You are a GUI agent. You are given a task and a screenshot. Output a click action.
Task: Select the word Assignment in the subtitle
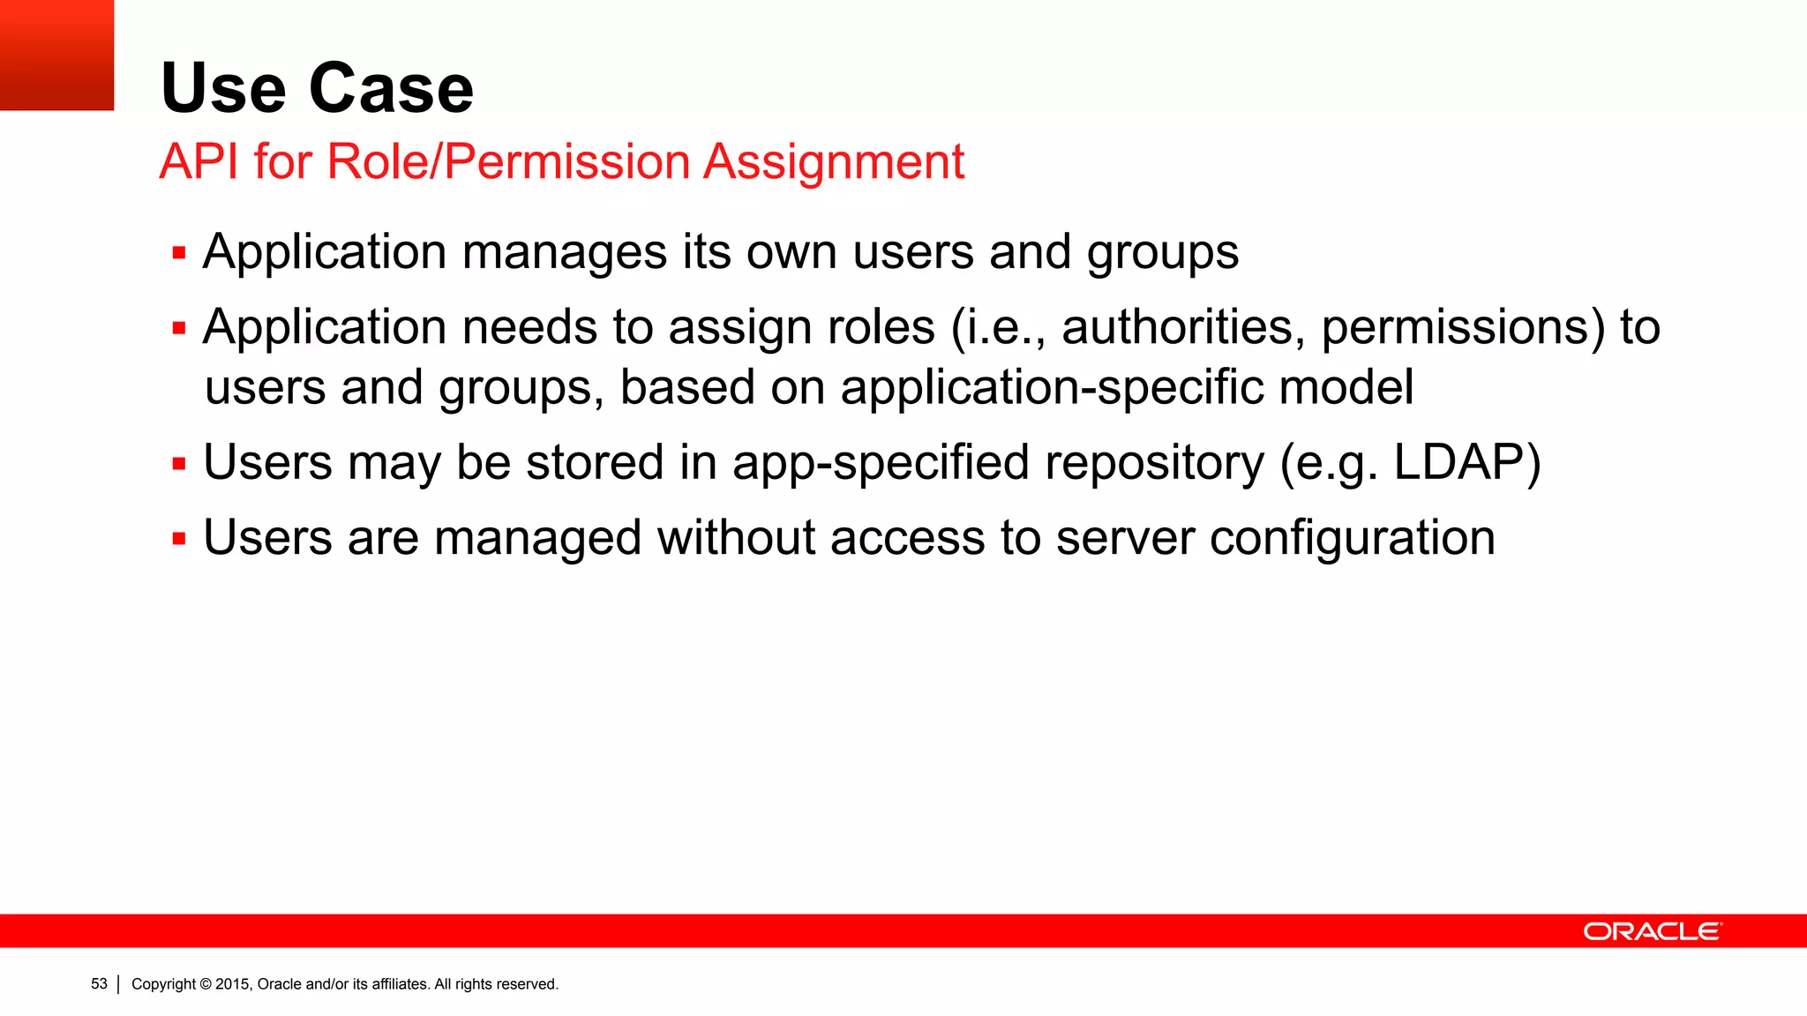834,163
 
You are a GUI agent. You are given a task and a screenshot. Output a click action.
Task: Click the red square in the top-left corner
56,55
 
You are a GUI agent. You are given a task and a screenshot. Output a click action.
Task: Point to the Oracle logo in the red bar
1652,931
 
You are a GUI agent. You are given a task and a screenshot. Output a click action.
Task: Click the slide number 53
99,983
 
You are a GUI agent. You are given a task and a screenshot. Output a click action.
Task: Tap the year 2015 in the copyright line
233,984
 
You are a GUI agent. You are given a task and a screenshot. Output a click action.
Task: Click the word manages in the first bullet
564,253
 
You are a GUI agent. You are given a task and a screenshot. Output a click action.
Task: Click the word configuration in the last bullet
1352,538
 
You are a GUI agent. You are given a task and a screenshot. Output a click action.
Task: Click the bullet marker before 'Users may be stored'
179,464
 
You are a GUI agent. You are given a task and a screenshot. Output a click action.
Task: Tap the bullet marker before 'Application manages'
179,254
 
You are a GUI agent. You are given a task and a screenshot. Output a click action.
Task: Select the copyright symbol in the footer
206,984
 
